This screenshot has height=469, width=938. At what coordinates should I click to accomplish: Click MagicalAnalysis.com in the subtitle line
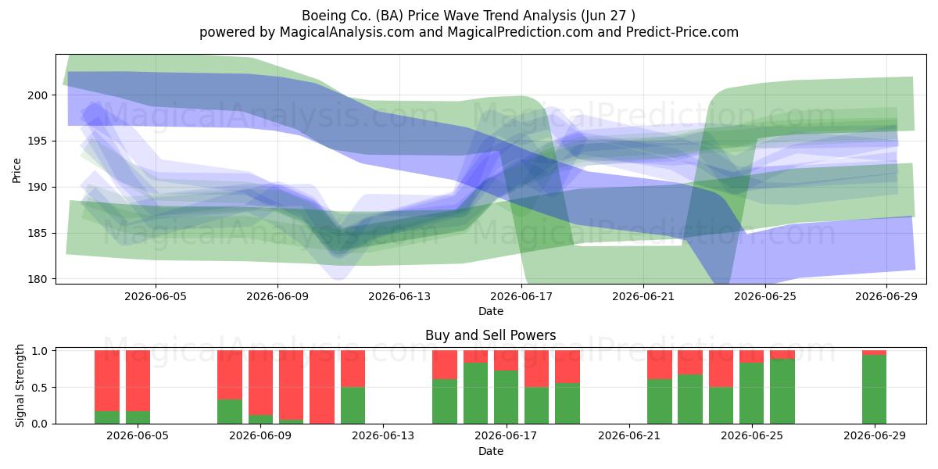coord(347,32)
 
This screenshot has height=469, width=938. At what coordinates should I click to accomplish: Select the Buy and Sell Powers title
coord(490,335)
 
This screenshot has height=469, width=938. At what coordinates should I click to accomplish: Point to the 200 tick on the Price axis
coord(38,95)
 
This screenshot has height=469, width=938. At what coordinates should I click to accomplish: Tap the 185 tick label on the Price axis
coord(38,233)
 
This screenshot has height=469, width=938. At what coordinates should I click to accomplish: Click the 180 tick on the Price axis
coord(38,279)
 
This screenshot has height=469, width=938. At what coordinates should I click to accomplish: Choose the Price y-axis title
coord(16,170)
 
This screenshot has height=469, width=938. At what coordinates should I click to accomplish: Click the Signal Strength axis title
coord(20,385)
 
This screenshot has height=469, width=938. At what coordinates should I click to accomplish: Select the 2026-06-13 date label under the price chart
coord(399,296)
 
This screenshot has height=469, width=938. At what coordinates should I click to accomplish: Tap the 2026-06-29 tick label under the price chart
coord(886,296)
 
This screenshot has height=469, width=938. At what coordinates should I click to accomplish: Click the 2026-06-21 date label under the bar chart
coord(629,436)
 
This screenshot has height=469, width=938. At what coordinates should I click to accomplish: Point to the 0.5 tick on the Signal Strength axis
coord(40,388)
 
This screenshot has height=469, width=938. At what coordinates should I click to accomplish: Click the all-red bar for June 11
coord(322,387)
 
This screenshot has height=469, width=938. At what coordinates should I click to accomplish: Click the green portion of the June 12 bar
coord(353,406)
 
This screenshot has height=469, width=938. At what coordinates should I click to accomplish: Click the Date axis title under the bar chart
coord(491,451)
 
